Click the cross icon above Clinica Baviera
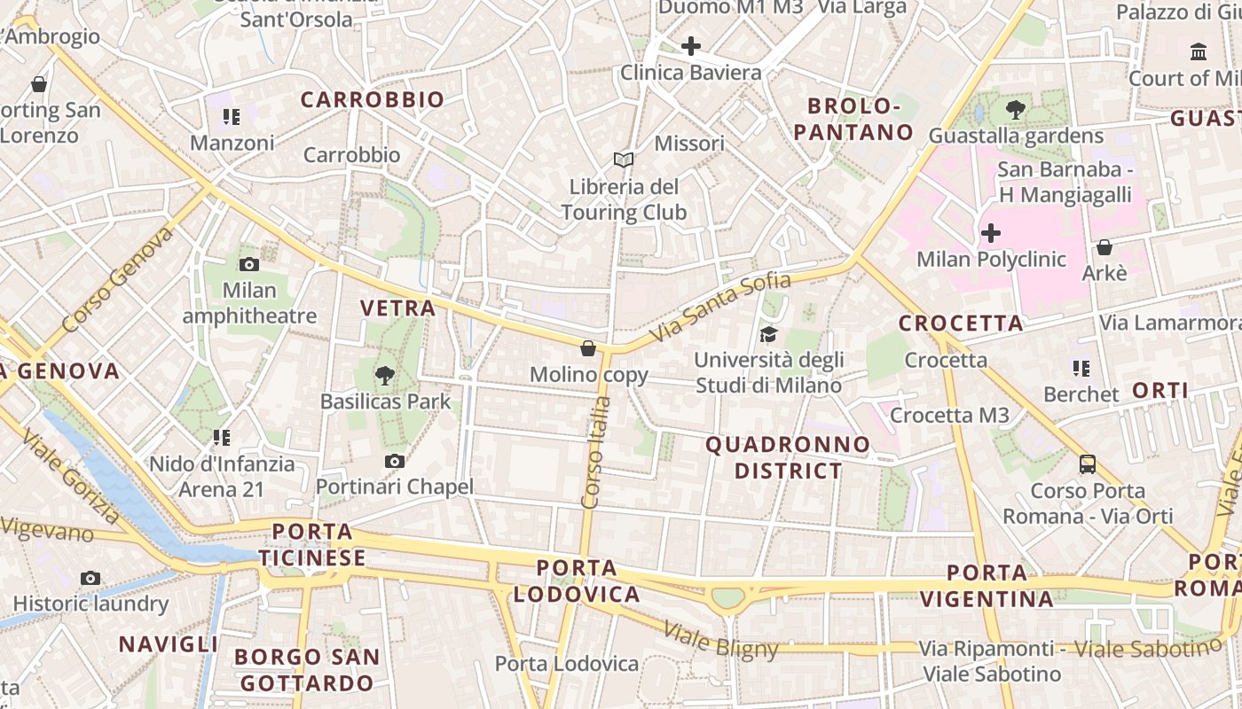pyautogui.click(x=691, y=46)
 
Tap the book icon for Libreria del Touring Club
pyautogui.click(x=624, y=160)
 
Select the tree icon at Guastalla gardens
pyautogui.click(x=1016, y=110)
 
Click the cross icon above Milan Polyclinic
pyautogui.click(x=991, y=234)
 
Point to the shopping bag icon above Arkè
pyautogui.click(x=1104, y=247)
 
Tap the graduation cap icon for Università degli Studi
pyautogui.click(x=768, y=334)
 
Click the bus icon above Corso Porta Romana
pyautogui.click(x=1088, y=464)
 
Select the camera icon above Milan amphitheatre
pyautogui.click(x=249, y=264)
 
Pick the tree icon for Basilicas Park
pyautogui.click(x=385, y=376)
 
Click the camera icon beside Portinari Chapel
pyautogui.click(x=395, y=461)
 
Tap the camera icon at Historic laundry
pyautogui.click(x=90, y=578)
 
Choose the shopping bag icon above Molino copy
pyautogui.click(x=588, y=348)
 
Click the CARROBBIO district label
pyautogui.click(x=372, y=99)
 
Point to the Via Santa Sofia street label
pyautogui.click(x=720, y=308)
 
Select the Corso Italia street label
pyautogui.click(x=595, y=452)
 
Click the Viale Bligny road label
pyautogui.click(x=720, y=642)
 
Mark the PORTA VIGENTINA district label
pyautogui.click(x=987, y=586)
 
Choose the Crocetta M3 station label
pyautogui.click(x=949, y=416)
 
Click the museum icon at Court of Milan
pyautogui.click(x=1199, y=52)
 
